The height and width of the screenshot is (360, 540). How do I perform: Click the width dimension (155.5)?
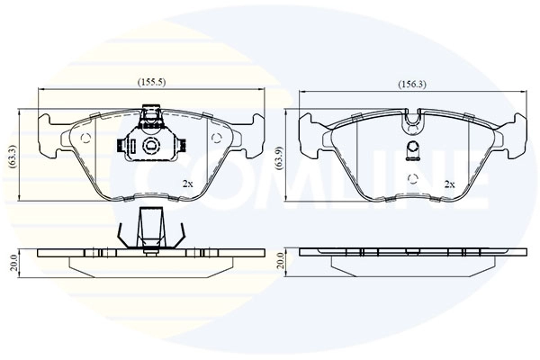pos(150,83)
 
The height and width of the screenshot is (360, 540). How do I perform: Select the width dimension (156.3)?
pos(412,85)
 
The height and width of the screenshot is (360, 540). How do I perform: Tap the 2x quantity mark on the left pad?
pos(188,183)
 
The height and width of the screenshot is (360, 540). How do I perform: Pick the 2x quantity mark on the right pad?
pos(449,183)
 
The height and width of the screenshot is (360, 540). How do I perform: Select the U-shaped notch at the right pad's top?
pos(413,118)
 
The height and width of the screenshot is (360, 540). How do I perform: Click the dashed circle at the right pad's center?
pos(413,175)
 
